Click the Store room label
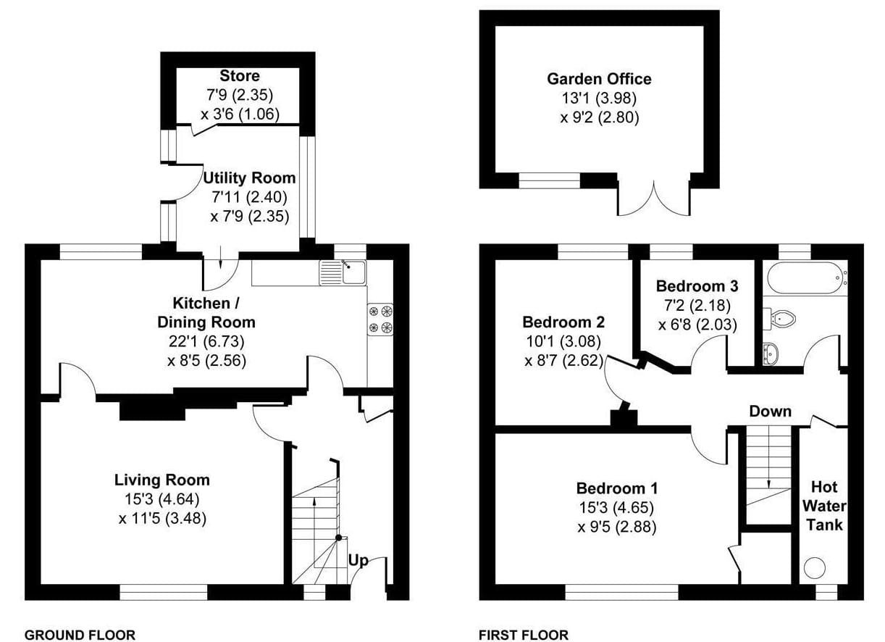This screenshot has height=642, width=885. coord(240,75)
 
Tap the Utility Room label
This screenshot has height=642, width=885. coord(249,178)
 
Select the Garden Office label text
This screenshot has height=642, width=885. coord(600,79)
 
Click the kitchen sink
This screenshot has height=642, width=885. coord(343,272)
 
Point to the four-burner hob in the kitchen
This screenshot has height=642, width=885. coord(380,320)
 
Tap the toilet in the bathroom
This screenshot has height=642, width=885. coord(779,318)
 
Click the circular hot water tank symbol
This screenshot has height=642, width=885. coord(814,568)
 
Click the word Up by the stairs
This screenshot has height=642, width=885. coord(358,561)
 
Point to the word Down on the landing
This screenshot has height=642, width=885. coord(771,412)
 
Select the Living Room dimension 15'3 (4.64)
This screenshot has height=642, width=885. coord(162,499)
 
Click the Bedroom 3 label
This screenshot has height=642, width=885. coord(697,286)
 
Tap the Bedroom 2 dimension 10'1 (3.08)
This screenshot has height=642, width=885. coord(563,341)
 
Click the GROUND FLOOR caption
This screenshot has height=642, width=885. coord(80,635)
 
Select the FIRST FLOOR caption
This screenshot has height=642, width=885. coord(524,635)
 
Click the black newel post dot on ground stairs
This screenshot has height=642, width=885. coord(339,538)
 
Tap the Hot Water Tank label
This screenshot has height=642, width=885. coord(824,506)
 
